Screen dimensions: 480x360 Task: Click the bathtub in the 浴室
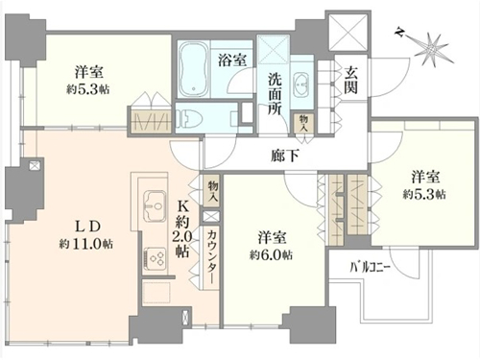pos(192,70)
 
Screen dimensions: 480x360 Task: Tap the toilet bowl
pos(189,117)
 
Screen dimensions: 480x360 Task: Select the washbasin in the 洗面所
pos(300,84)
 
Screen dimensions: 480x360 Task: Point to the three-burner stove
pos(155,258)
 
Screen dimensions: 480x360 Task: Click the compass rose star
pos(432,49)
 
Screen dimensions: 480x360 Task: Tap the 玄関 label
pos(350,81)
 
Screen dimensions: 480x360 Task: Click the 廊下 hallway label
pos(285,156)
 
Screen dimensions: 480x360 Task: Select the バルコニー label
pos(370,267)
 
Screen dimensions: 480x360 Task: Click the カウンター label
pos(211,257)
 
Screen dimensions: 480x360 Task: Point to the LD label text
pos(87,227)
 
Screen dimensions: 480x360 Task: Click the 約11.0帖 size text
pos(85,244)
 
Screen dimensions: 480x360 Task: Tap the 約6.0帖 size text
pos(271,255)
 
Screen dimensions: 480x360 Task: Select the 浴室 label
pos(232,60)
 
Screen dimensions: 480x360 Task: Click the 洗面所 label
pos(275,94)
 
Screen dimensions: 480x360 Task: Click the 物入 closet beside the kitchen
pos(212,191)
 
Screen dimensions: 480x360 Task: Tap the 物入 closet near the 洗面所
pos(303,124)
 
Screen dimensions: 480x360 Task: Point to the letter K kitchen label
pos(183,207)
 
